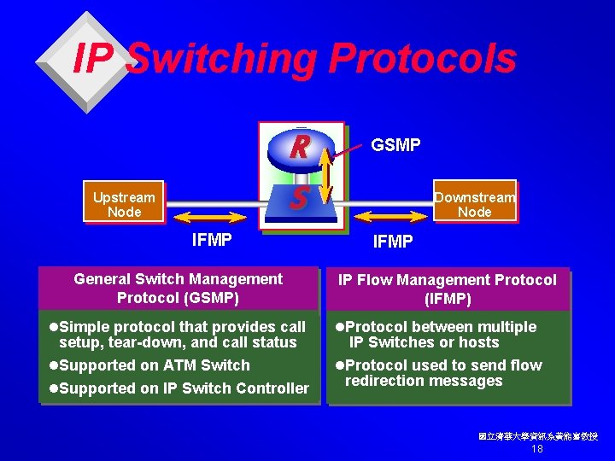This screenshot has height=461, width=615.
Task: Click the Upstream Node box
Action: pyautogui.click(x=124, y=204)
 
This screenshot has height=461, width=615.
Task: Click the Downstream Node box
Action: pyautogui.click(x=474, y=204)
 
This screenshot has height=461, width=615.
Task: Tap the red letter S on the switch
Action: pyautogui.click(x=298, y=199)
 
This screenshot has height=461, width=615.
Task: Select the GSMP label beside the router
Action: pyautogui.click(x=395, y=145)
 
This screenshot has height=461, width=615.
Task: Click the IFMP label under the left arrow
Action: pyautogui.click(x=212, y=240)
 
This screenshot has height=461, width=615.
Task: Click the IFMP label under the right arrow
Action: pyautogui.click(x=393, y=242)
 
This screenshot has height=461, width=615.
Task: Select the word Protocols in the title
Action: pyautogui.click(x=423, y=59)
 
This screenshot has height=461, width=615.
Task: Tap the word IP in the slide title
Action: pyautogui.click(x=93, y=59)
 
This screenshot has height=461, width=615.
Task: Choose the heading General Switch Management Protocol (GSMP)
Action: pyautogui.click(x=178, y=289)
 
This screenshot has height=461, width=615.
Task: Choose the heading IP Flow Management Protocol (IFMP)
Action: pyautogui.click(x=447, y=289)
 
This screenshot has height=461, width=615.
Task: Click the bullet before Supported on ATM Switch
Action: pyautogui.click(x=53, y=365)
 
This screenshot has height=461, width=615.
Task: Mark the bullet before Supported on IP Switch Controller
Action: pyautogui.click(x=53, y=388)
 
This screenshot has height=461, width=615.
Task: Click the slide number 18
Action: pyautogui.click(x=537, y=449)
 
